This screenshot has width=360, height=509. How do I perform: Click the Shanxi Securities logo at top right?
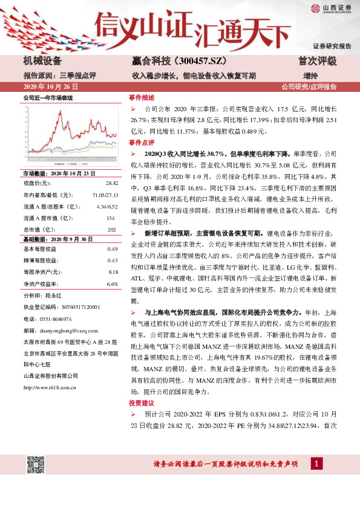pyautogui.click(x=330, y=8)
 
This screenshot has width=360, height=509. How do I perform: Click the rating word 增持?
pyautogui.click(x=310, y=76)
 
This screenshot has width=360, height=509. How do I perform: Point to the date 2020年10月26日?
pyautogui.click(x=50, y=87)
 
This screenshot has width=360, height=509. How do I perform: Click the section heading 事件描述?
pyautogui.click(x=142, y=97)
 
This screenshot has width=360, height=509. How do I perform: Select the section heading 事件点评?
pyautogui.click(x=142, y=142)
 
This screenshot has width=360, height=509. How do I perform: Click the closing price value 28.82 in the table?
pyautogui.click(x=112, y=182)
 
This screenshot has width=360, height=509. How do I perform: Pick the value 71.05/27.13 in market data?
pyautogui.click(x=105, y=195)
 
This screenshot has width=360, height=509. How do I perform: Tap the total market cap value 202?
pyautogui.click(x=111, y=229)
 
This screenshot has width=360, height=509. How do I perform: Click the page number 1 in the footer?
pyautogui.click(x=316, y=464)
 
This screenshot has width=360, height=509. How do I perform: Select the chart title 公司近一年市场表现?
pyautogui.click(x=47, y=97)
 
